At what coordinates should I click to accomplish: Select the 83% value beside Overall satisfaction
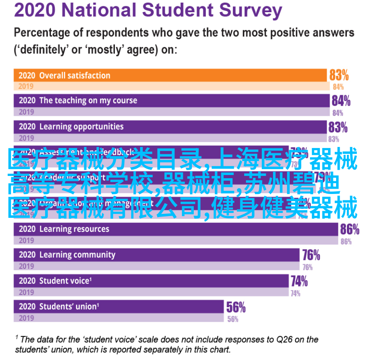pyautogui.click(x=339, y=74)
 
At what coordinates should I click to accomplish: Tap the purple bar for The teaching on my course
pyautogui.click(x=171, y=100)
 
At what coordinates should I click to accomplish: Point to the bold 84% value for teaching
pyautogui.click(x=341, y=100)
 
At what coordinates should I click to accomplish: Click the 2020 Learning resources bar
pyautogui.click(x=176, y=229)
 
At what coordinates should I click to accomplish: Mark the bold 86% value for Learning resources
pyautogui.click(x=350, y=229)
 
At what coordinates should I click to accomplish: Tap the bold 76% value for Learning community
pyautogui.click(x=311, y=255)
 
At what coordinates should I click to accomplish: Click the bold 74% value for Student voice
pyautogui.click(x=299, y=281)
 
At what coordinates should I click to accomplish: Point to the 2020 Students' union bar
pyautogui.click(x=119, y=306)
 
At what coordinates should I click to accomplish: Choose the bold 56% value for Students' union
pyautogui.click(x=236, y=307)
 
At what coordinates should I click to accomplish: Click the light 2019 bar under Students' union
pyautogui.click(x=119, y=318)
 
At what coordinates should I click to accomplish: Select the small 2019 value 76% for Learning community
pyautogui.click(x=308, y=267)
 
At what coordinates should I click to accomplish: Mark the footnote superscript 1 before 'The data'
pyautogui.click(x=17, y=337)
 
